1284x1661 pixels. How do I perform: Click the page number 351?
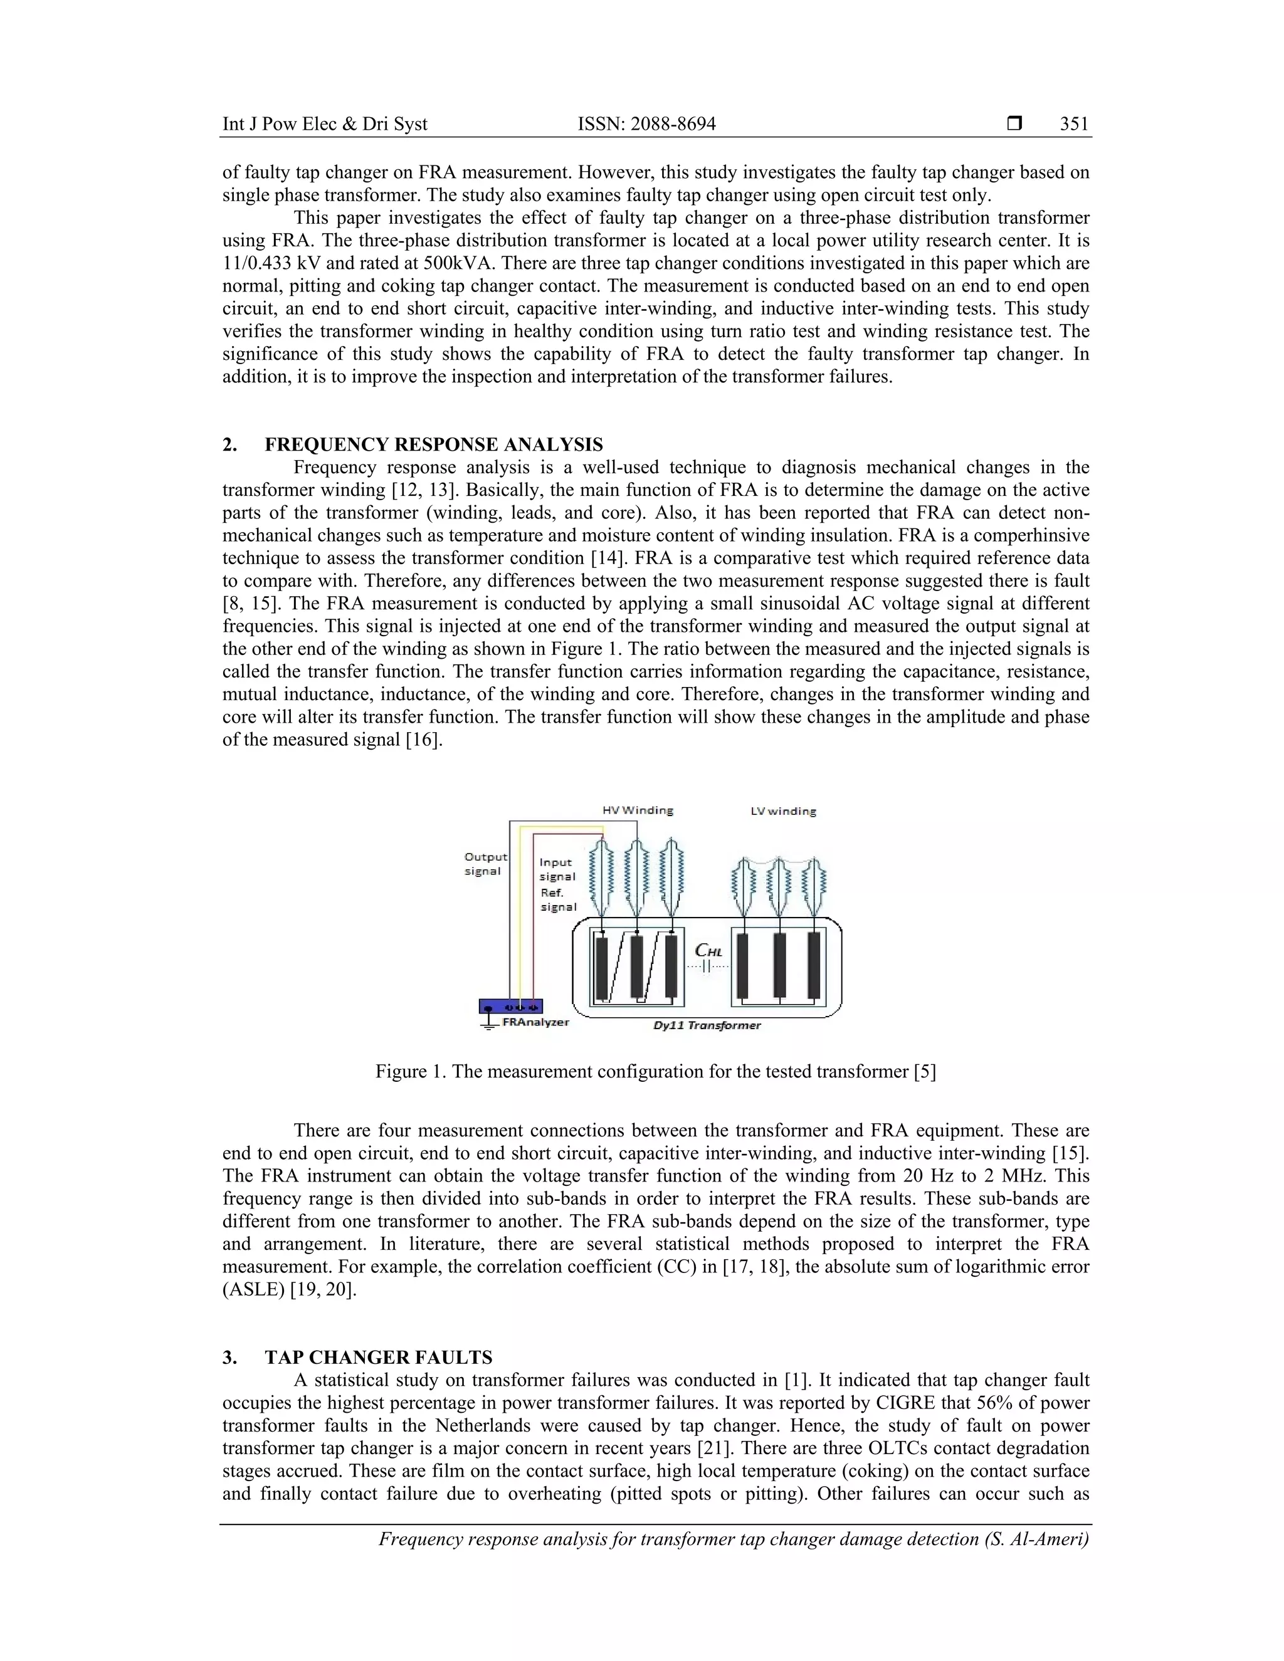[1074, 124]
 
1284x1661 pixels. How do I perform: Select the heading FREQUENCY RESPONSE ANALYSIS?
[434, 445]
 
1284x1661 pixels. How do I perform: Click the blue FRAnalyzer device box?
[510, 1006]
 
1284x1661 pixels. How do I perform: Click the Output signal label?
[485, 864]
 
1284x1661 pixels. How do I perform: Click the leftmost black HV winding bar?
[602, 967]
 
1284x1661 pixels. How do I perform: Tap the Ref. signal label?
[557, 899]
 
